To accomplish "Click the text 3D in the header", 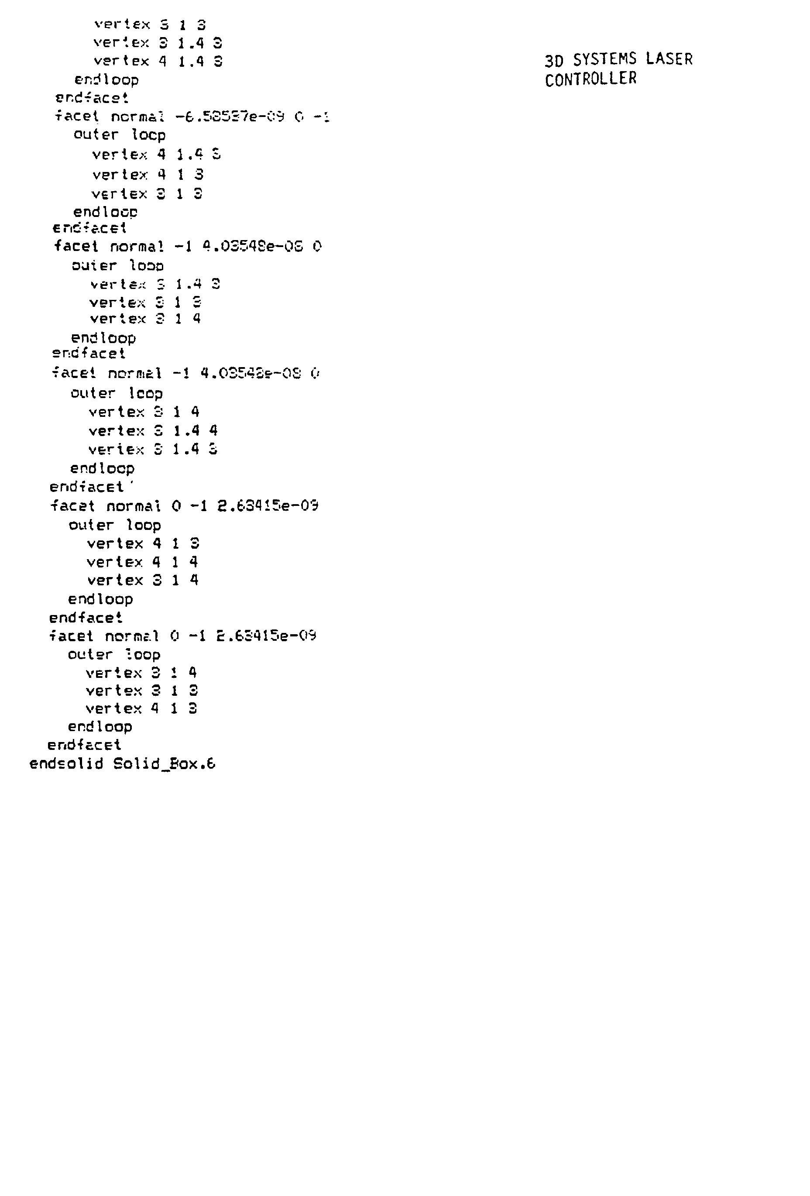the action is [x=554, y=61].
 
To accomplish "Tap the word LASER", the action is [x=669, y=58].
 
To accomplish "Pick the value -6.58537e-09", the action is [x=230, y=117].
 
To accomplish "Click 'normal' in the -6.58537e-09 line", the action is [x=137, y=117].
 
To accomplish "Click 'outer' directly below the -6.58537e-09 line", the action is [x=96, y=135].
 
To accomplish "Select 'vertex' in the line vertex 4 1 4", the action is [x=114, y=562].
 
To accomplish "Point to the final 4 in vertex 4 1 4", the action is [x=193, y=562].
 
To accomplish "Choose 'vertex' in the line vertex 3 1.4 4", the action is [x=116, y=431].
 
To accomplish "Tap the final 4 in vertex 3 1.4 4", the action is [x=213, y=431].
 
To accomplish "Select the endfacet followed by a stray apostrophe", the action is [x=86, y=487].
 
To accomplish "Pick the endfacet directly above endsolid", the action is [x=84, y=745].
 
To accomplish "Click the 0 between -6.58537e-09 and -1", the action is [x=299, y=117].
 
